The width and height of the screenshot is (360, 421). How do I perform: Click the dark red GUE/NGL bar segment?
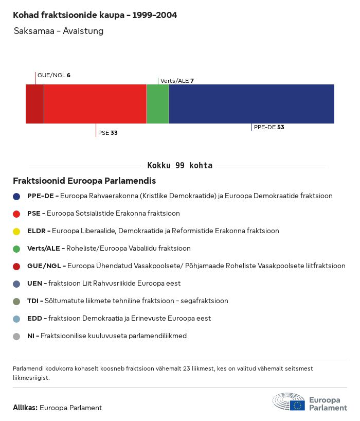(x=34, y=104)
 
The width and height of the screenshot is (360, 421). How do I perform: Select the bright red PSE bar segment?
(x=95, y=104)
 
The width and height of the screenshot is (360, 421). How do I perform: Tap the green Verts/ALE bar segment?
(x=158, y=104)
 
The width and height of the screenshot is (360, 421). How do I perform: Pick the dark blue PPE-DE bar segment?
(x=251, y=104)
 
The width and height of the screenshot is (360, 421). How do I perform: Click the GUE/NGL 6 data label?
(x=53, y=75)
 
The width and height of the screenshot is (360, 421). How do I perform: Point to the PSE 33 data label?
(x=108, y=133)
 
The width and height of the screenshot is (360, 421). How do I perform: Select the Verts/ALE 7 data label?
(x=177, y=81)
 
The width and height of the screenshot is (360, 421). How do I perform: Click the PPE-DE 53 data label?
(x=269, y=127)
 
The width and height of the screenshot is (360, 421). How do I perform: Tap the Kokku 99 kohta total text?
(x=179, y=166)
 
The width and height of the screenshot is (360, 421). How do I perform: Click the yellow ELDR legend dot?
(x=17, y=231)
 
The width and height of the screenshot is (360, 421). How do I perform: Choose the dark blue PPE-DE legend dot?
(x=17, y=196)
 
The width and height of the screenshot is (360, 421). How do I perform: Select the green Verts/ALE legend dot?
(x=17, y=249)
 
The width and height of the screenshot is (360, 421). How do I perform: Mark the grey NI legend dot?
(x=17, y=336)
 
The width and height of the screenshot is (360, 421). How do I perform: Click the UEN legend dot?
(x=17, y=284)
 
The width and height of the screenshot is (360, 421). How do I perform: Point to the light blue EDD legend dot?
(x=17, y=319)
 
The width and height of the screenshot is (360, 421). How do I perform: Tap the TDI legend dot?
(x=17, y=301)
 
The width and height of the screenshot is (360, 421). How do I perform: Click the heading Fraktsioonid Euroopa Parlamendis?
(x=84, y=181)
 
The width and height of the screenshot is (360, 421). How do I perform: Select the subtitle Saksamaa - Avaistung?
(x=59, y=31)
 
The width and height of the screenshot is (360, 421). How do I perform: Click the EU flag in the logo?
(x=297, y=405)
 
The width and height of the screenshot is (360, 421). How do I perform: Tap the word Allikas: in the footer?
(x=25, y=408)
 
